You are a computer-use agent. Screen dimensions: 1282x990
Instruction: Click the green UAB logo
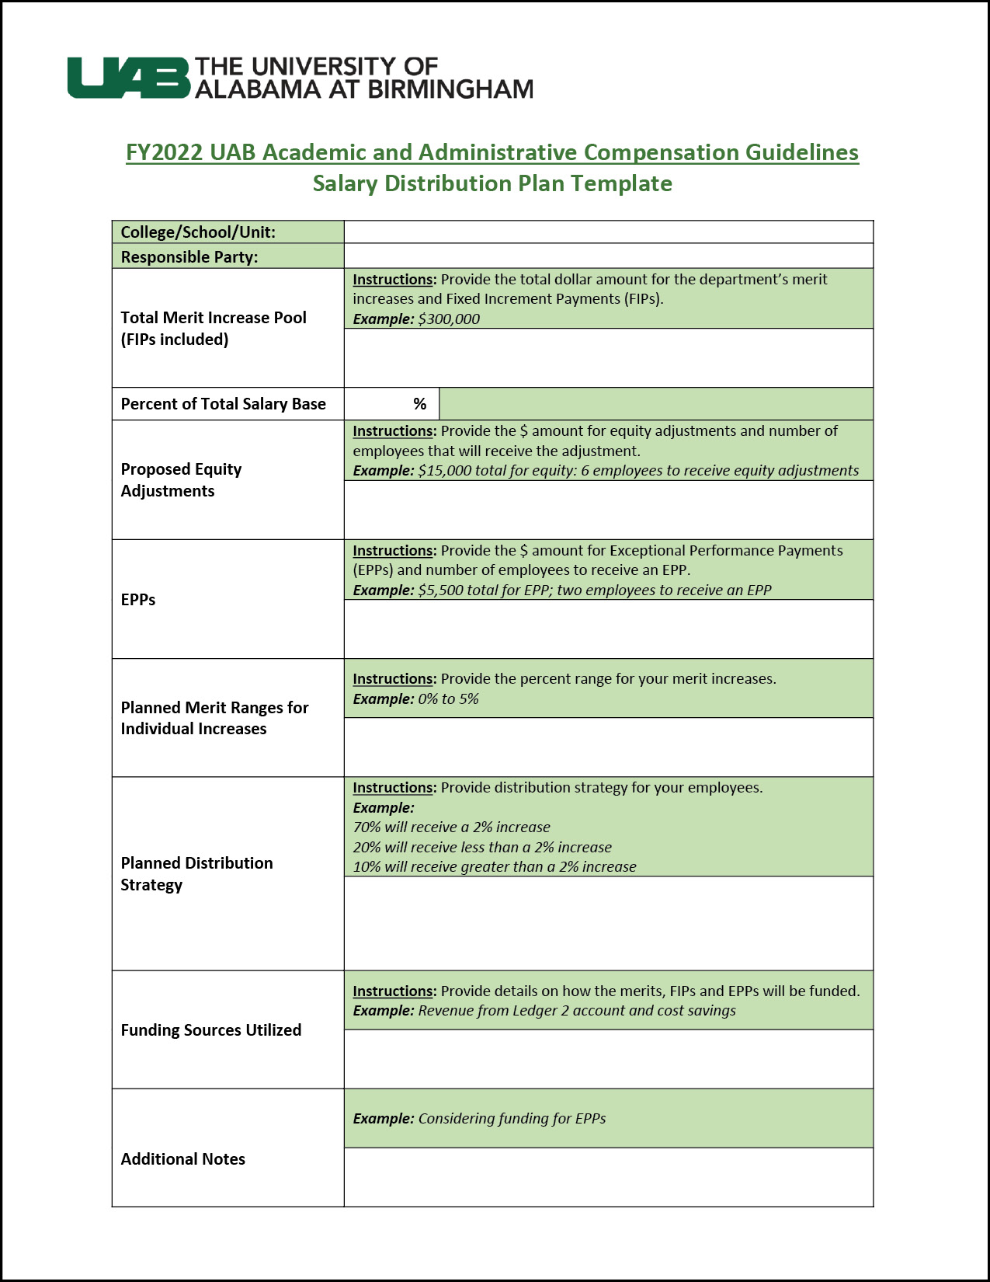pyautogui.click(x=128, y=78)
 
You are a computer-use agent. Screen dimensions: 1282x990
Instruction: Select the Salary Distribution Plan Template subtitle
pyautogui.click(x=492, y=183)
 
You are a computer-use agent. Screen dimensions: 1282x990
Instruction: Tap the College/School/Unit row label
pyautogui.click(x=198, y=232)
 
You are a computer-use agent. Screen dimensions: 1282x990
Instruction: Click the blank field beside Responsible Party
pyautogui.click(x=608, y=256)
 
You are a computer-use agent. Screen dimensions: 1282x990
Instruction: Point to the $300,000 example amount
pyautogui.click(x=449, y=319)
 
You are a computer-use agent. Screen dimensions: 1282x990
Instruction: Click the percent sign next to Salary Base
pyautogui.click(x=420, y=404)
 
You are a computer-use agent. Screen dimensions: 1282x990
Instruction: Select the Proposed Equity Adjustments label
pyautogui.click(x=181, y=480)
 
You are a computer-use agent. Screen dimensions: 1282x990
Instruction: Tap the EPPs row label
pyautogui.click(x=138, y=600)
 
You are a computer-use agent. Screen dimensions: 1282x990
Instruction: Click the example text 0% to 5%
pyautogui.click(x=448, y=699)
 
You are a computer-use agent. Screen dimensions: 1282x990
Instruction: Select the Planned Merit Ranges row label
pyautogui.click(x=214, y=718)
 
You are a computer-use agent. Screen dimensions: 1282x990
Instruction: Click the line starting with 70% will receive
pyautogui.click(x=451, y=827)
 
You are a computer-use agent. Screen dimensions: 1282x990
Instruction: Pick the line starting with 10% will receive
pyautogui.click(x=494, y=867)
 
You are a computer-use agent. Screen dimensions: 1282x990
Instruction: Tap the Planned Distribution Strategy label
pyautogui.click(x=196, y=874)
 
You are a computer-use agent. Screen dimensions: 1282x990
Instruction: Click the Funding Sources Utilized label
pyautogui.click(x=210, y=1030)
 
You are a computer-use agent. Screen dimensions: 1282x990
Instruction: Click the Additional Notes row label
pyautogui.click(x=182, y=1159)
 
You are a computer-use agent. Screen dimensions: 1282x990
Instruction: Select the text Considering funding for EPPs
pyautogui.click(x=512, y=1119)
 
